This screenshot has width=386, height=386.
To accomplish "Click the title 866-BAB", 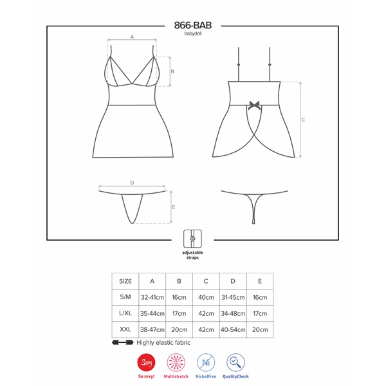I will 192,25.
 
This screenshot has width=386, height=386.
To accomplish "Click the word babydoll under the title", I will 192,35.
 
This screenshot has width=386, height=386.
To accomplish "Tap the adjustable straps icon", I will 192,237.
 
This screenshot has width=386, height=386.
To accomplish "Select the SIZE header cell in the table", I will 125,281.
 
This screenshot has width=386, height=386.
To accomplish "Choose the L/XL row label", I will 125,313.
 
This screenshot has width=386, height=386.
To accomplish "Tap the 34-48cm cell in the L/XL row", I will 233,313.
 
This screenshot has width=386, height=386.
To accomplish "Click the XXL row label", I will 125,329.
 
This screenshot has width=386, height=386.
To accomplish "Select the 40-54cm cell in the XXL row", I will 233,329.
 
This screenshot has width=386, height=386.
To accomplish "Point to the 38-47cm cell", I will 152,329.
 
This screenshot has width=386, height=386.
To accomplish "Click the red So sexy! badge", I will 146,362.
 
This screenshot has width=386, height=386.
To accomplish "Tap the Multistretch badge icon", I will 176,362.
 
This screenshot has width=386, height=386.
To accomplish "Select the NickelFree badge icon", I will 206,362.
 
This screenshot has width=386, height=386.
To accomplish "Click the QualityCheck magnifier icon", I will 235,362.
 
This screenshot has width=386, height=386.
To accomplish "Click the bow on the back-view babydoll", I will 255,103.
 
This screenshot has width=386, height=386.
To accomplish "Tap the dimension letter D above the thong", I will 131,183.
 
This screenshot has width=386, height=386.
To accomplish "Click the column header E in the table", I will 260,281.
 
